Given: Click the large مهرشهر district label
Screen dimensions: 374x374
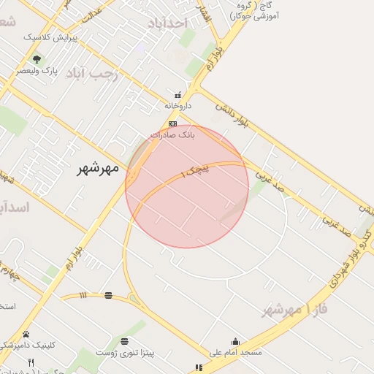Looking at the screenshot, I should [98, 169].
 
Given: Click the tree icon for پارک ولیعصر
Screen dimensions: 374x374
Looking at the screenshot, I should [37, 59].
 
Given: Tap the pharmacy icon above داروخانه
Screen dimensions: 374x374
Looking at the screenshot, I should [178, 95].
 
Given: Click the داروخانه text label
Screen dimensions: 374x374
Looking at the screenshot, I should [178, 106].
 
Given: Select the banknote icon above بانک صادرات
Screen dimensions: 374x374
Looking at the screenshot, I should [172, 123].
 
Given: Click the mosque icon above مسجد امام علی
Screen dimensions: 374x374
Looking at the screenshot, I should [235, 341].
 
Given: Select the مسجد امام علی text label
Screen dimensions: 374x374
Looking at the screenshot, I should [235, 352].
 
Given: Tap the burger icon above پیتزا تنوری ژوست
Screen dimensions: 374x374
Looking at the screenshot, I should [126, 342].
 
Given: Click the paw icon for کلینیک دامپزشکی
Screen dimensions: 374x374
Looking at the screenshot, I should [26, 334].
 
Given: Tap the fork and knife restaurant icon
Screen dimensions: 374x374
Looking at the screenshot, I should [31, 362].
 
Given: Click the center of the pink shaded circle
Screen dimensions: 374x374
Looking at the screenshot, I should [187, 186].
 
